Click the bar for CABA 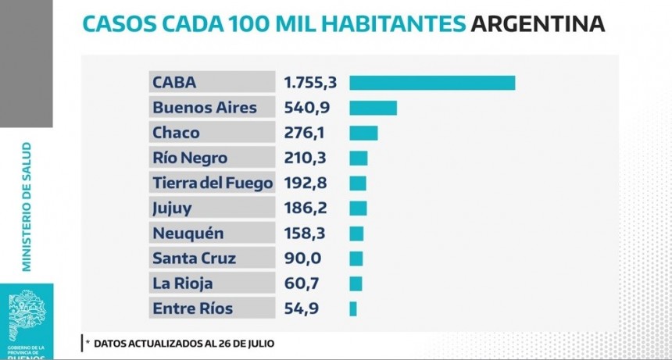(432, 83)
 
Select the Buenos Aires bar (373, 108)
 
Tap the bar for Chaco (363, 133)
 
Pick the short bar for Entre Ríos (353, 308)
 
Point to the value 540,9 (306, 108)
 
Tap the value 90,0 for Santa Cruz (302, 258)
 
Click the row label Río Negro (190, 158)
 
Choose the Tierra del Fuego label (212, 184)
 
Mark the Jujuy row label (173, 209)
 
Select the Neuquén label (188, 233)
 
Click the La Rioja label (183, 283)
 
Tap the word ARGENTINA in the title (538, 23)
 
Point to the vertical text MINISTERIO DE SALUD (27, 206)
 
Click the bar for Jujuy (358, 209)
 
